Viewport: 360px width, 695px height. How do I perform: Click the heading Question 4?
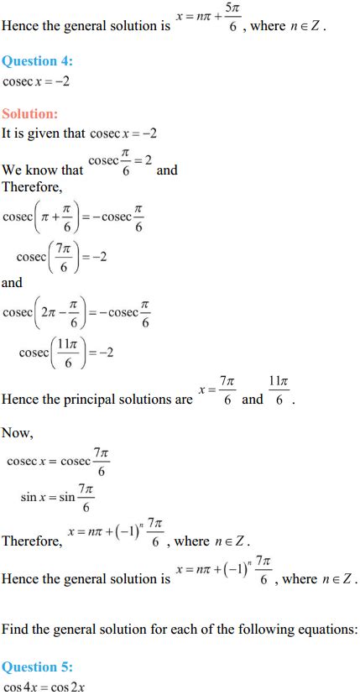click(37, 61)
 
